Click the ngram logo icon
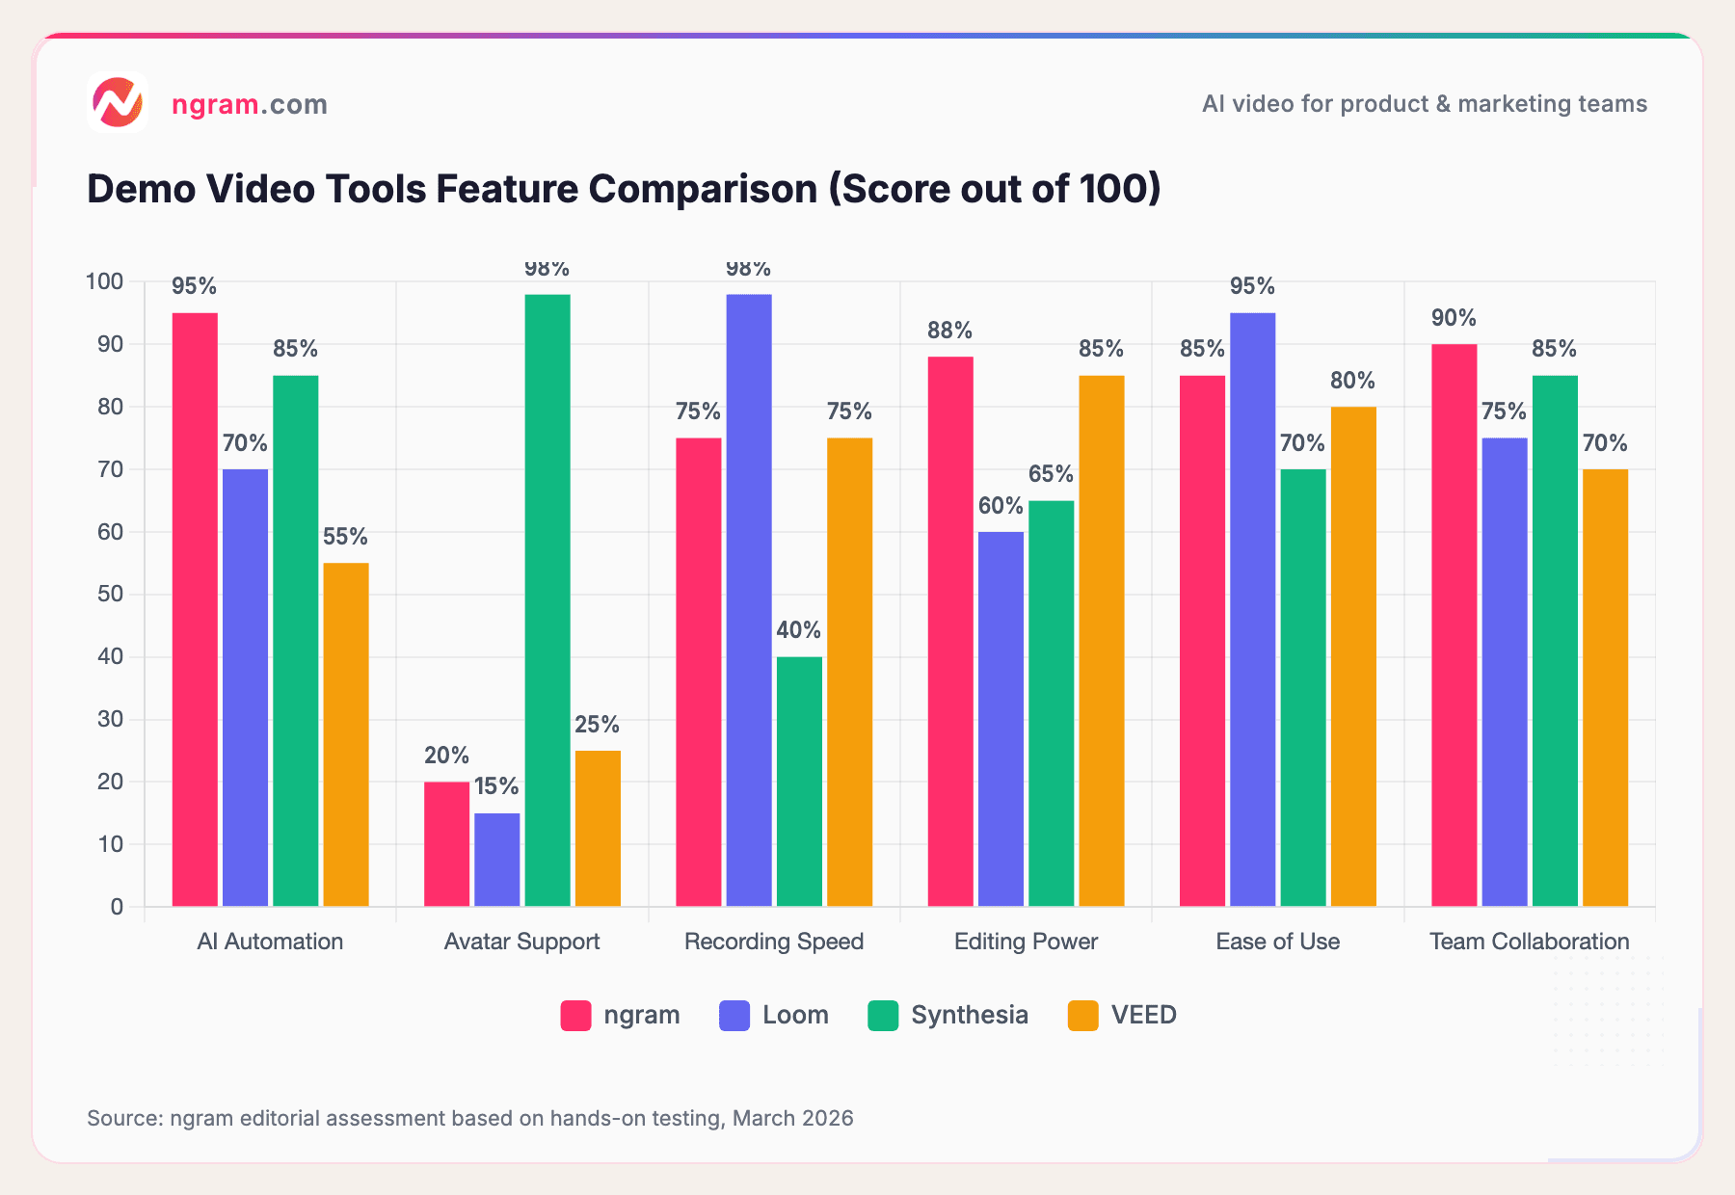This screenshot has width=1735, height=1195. coord(117,102)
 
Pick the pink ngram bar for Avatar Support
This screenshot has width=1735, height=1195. coord(446,843)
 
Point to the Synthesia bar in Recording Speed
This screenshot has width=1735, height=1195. coord(799,781)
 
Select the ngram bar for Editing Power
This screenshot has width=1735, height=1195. coord(950,631)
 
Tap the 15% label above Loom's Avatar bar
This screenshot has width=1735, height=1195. coord(496,786)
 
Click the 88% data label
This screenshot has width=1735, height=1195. coord(950,331)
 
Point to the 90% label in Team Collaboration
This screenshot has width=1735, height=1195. coord(1454,318)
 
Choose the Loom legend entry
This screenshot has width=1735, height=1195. coord(774,1015)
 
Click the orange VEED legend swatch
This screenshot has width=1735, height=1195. coord(1083,1016)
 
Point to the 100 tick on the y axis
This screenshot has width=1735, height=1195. coord(104,281)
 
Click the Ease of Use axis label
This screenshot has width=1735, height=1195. coord(1277,942)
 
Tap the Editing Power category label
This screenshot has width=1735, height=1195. coord(1026,942)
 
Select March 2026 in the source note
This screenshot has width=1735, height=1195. coord(792,1118)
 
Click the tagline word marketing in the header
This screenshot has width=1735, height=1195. coord(1502,104)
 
